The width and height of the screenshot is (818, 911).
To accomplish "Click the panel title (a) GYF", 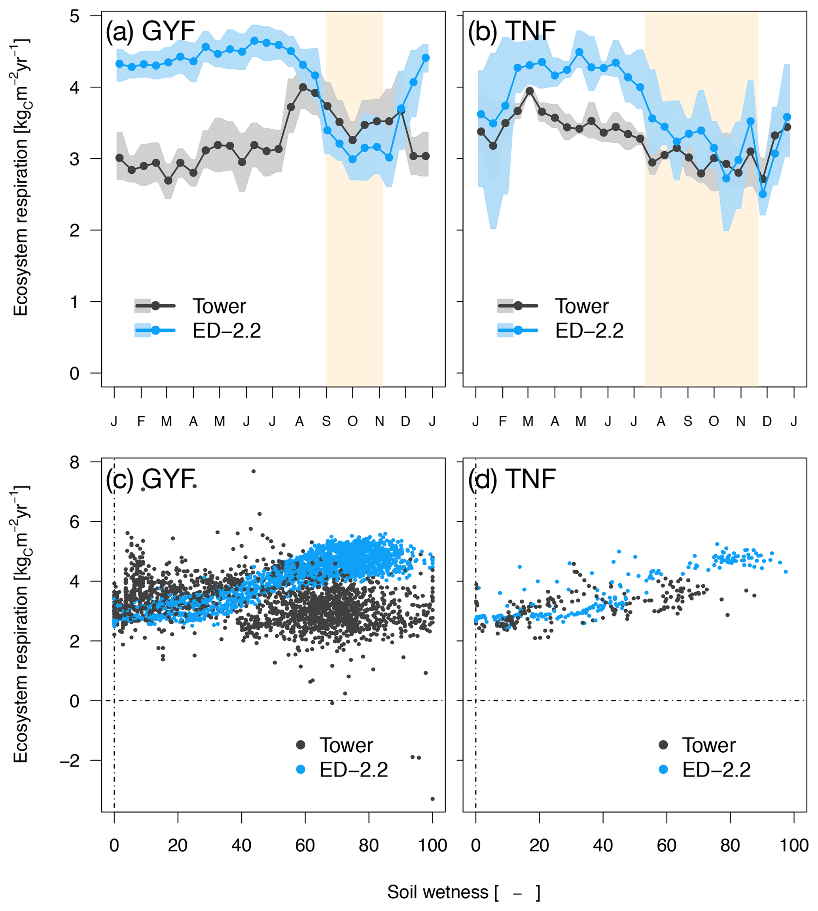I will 150,32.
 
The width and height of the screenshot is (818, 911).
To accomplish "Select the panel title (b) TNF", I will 512,32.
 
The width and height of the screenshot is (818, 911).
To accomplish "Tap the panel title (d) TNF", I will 512,479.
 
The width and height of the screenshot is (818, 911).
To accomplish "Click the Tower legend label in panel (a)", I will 219,306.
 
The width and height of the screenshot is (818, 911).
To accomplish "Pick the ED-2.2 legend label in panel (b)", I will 589,331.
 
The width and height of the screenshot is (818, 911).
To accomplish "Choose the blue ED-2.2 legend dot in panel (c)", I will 301,769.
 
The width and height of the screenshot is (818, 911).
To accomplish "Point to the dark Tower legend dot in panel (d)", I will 663,745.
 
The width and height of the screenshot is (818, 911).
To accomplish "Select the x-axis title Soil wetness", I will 463,892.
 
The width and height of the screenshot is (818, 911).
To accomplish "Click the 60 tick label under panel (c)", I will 305,845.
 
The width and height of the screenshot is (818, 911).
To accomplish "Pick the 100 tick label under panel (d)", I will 794,845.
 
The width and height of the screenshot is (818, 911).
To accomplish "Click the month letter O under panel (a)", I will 352,421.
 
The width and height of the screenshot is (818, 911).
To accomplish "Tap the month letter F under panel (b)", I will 502,421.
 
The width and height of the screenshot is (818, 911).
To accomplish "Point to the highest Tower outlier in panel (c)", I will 254,471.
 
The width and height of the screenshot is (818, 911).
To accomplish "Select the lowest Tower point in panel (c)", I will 432,799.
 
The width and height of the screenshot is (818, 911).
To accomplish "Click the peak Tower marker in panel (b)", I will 530,91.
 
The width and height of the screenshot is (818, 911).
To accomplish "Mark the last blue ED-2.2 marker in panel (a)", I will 426,58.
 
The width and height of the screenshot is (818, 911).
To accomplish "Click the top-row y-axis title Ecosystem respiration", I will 20,178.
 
